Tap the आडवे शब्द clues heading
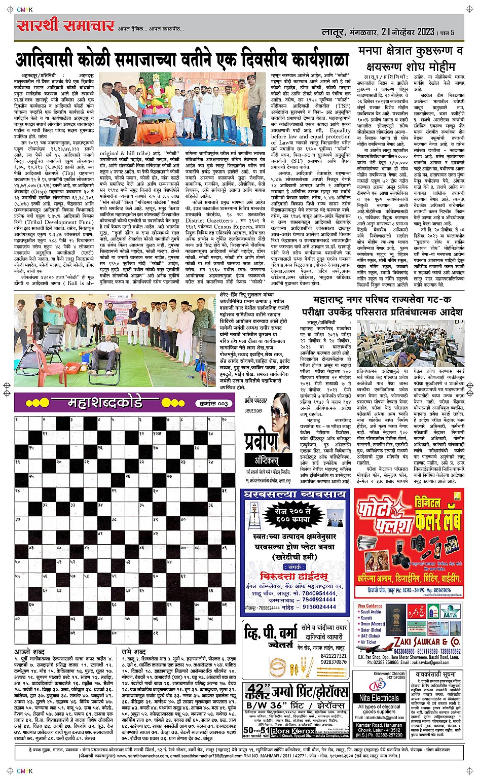click(x=29, y=651)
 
